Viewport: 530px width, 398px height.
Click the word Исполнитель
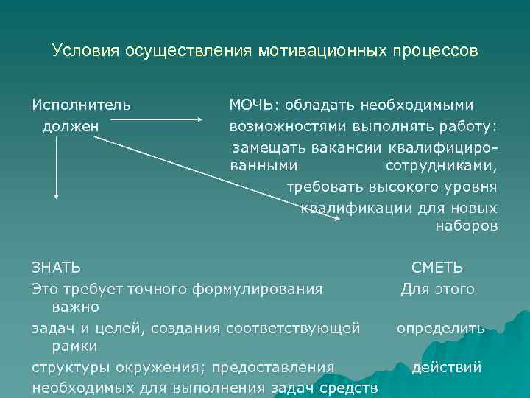[82, 105]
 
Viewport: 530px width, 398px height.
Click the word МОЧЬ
[250, 105]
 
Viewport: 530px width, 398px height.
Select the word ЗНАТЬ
[57, 268]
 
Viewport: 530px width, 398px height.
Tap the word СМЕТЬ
[437, 268]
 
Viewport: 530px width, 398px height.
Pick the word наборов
[467, 226]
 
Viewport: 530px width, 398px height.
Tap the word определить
[441, 328]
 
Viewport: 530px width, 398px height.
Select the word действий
[447, 367]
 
